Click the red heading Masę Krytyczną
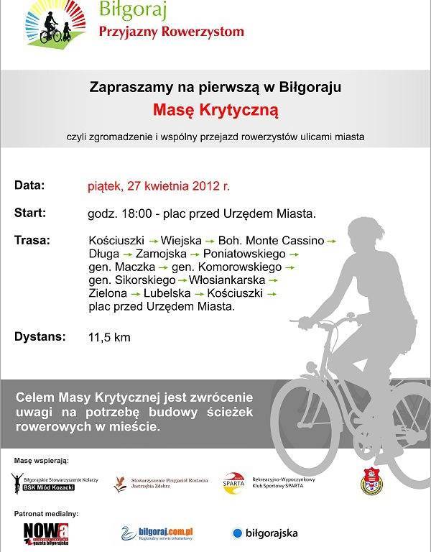tap(215, 111)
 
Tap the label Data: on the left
tap(29, 185)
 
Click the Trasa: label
tap(32, 239)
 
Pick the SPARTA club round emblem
tap(233, 483)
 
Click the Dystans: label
tap(40, 336)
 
